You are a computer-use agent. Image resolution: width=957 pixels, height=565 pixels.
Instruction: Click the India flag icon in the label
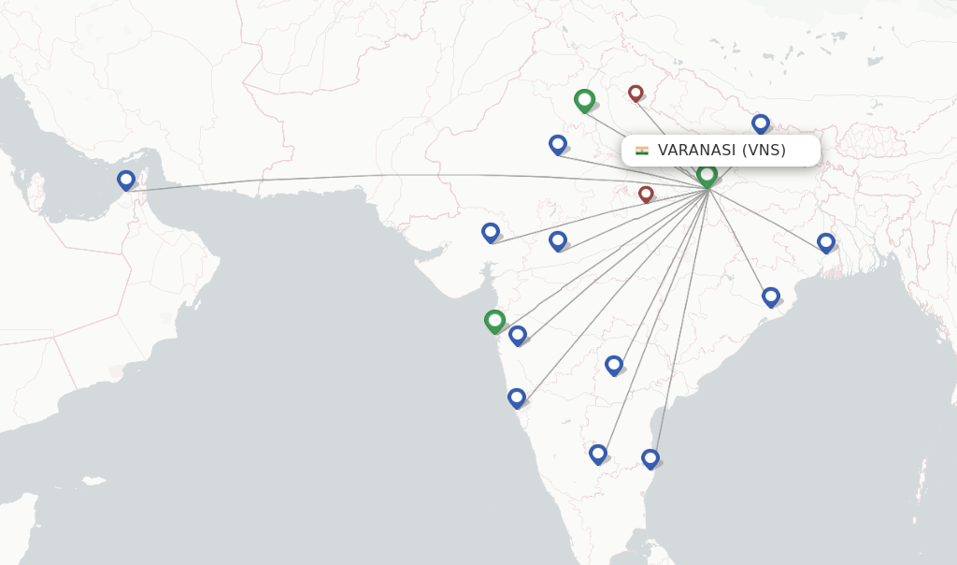[x=642, y=151]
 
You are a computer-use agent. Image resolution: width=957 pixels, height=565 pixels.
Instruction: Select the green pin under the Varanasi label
[x=707, y=175]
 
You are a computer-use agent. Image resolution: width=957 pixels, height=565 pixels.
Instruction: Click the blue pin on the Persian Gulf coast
[x=126, y=180]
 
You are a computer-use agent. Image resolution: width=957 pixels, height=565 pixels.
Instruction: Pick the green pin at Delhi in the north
[x=584, y=99]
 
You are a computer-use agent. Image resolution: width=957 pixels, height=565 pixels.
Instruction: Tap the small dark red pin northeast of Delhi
[x=636, y=93]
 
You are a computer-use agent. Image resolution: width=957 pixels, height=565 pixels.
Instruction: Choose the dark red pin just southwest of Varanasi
[x=646, y=194]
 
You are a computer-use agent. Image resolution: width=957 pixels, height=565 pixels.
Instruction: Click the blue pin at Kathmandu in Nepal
[x=761, y=123]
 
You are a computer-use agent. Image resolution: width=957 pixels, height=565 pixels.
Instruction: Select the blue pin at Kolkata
[x=826, y=242]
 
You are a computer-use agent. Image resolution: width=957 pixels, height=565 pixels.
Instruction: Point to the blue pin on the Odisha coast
[x=771, y=297]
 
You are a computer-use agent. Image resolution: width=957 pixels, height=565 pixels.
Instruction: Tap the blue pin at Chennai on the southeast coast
[x=650, y=458]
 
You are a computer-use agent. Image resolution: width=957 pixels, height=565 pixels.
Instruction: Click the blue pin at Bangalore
[x=598, y=454]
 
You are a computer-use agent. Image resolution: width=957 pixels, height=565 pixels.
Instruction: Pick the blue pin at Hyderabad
[x=614, y=364]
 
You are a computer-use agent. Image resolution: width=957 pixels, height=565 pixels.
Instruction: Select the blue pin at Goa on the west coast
[x=517, y=398]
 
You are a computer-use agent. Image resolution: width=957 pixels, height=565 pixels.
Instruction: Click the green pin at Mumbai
[x=495, y=321]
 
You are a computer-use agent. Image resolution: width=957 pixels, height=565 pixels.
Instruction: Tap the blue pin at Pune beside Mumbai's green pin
[x=518, y=335]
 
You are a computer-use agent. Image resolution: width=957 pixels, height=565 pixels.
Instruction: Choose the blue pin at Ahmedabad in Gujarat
[x=491, y=232]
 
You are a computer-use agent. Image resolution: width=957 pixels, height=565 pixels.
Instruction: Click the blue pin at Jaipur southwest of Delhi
[x=558, y=144]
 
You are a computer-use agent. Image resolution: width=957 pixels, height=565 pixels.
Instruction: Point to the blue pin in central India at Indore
[x=558, y=240]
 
